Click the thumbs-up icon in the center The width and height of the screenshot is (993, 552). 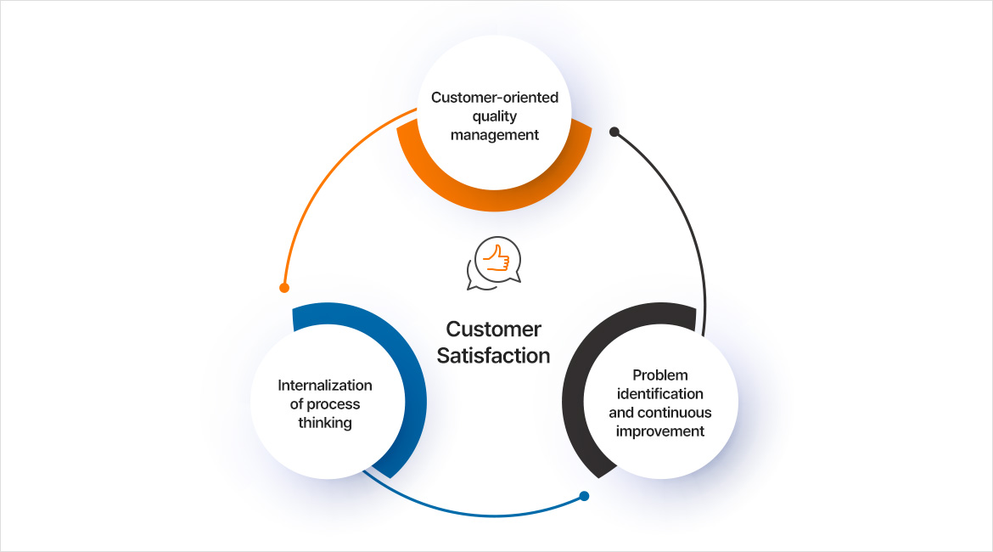[494, 262]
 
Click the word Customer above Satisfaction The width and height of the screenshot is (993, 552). [493, 330]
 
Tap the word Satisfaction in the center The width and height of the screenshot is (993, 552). [493, 356]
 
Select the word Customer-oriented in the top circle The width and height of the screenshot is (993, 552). [495, 98]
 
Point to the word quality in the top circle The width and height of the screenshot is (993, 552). [495, 116]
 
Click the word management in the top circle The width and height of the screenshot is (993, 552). [495, 135]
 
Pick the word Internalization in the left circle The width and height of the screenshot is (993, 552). [325, 386]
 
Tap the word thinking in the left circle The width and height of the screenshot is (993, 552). [325, 423]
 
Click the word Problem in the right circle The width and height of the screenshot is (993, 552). [660, 375]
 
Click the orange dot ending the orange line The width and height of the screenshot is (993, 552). [284, 288]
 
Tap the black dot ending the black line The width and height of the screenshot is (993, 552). [614, 132]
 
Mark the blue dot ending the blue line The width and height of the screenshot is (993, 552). [584, 497]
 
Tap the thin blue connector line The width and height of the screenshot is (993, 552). [475, 514]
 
